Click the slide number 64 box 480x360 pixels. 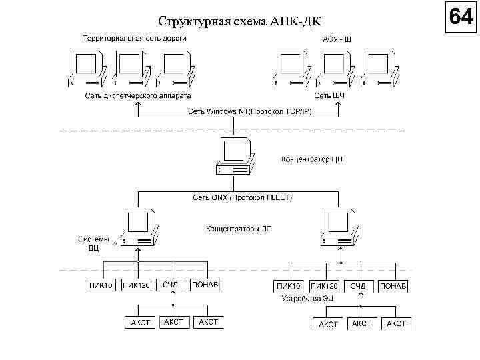pos(461,16)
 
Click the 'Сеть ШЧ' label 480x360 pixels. pos(329,96)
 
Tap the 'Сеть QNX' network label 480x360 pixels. pos(242,198)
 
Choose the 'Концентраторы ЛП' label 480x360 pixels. pos(238,229)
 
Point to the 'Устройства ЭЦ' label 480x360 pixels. pos(308,298)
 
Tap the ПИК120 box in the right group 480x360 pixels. pos(324,286)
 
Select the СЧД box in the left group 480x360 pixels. pos(171,285)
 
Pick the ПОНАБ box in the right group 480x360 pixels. pos(393,285)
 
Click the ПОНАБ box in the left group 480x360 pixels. pos(205,285)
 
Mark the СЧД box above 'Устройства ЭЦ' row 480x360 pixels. pos(359,285)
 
